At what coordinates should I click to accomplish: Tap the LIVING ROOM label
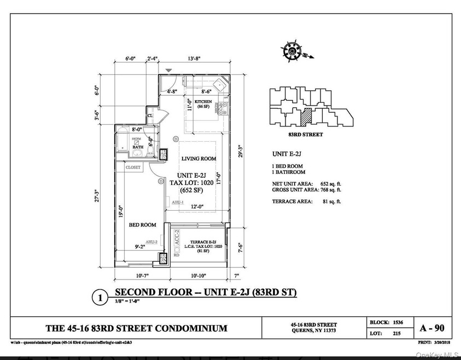(199, 159)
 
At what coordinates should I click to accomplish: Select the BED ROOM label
(142, 225)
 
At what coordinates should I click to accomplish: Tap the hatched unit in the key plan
(309, 115)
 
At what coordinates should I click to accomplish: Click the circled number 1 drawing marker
(100, 298)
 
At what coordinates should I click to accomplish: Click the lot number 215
(397, 333)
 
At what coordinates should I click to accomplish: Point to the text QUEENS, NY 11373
(314, 333)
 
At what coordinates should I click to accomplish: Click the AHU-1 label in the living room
(178, 202)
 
